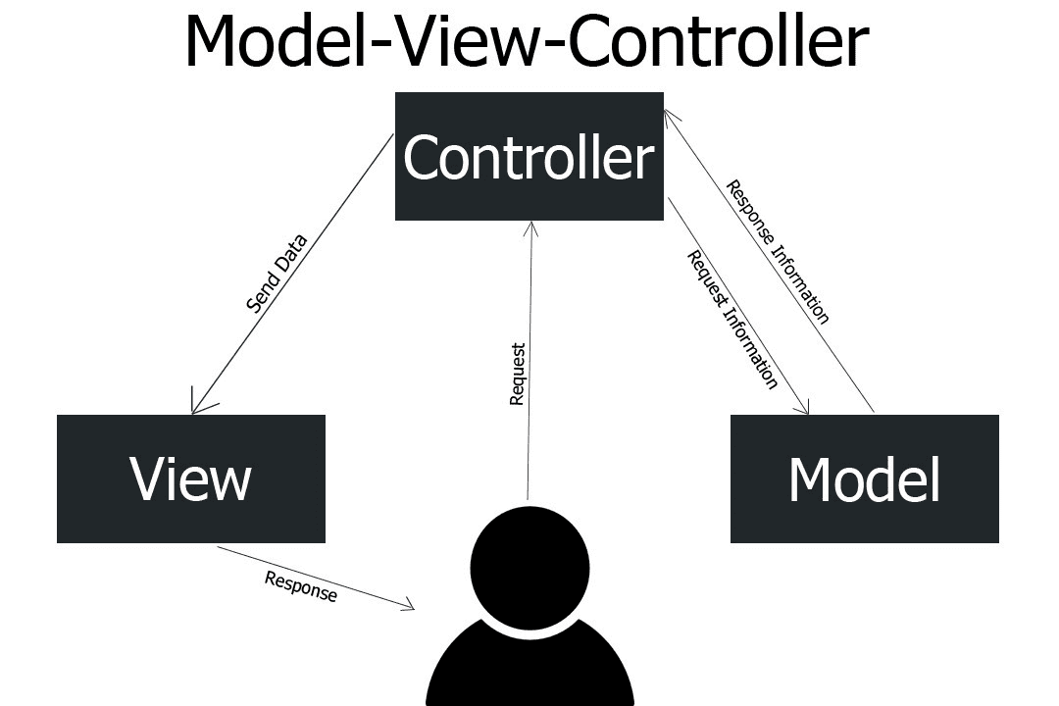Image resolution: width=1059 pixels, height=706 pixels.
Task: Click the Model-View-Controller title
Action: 527,41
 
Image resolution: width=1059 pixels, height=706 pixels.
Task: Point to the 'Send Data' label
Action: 277,273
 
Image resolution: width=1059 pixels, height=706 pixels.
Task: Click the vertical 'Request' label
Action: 518,374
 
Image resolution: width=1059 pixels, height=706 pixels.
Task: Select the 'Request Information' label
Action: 732,320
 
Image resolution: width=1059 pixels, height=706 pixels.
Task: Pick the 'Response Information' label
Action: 778,251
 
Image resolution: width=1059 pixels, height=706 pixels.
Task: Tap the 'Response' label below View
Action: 301,586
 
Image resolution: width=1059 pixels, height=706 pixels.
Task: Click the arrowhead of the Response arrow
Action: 410,608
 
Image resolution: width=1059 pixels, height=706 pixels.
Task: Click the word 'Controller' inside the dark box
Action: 529,157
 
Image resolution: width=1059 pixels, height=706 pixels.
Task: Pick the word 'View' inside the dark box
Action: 190,479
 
